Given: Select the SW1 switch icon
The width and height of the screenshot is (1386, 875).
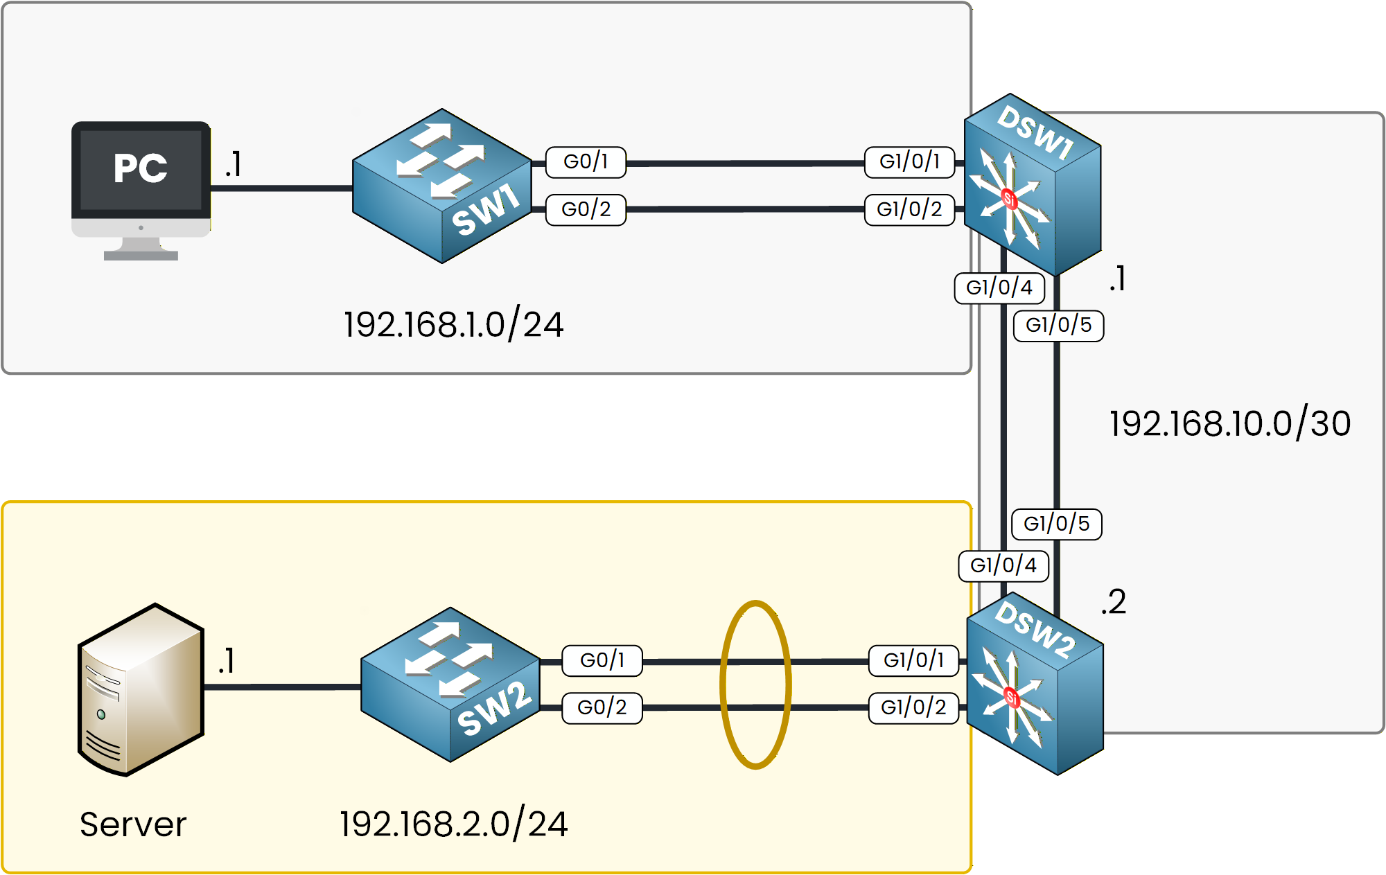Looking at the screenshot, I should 442,186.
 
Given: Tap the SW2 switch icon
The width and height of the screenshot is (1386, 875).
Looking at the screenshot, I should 450,684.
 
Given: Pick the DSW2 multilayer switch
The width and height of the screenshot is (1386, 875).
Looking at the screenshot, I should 1034,684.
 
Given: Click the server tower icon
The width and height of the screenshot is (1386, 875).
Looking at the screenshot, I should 141,689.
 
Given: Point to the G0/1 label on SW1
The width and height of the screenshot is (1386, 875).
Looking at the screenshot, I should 586,161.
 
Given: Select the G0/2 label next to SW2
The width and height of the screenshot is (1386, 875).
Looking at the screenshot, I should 602,707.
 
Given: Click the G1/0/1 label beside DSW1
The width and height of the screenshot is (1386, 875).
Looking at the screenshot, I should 909,161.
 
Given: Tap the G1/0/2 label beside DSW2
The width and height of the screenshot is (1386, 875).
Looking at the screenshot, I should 913,707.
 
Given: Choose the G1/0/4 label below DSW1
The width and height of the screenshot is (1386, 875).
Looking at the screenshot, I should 999,288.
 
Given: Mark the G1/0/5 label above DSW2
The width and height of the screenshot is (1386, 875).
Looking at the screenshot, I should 1056,524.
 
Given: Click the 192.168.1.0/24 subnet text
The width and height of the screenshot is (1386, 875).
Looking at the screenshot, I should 453,324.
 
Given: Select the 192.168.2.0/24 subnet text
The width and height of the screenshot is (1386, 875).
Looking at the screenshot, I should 453,824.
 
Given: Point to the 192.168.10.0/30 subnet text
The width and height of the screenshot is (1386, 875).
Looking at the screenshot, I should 1229,423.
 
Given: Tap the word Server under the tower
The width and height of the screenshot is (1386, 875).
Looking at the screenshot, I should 133,824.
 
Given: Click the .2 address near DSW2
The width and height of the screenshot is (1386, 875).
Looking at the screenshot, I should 1113,601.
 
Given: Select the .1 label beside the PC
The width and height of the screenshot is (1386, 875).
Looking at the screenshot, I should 233,165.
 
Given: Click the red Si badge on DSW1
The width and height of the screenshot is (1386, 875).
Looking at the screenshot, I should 1009,200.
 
